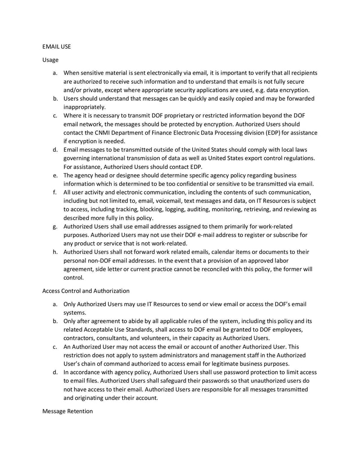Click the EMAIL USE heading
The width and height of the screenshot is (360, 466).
(x=56, y=46)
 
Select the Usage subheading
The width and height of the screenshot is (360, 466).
(x=50, y=59)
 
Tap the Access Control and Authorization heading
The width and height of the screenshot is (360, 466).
(x=86, y=290)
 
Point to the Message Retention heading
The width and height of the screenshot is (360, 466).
(x=67, y=412)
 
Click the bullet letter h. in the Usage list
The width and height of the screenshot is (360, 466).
(x=54, y=252)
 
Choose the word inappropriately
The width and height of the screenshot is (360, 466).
(x=85, y=107)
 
